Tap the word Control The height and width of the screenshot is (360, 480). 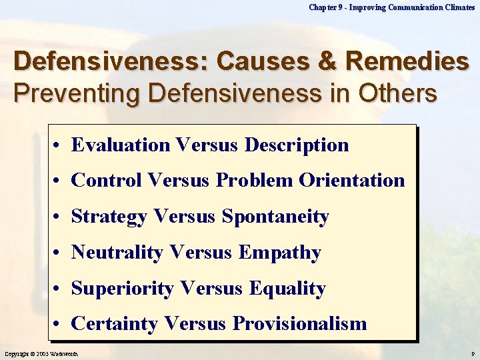coord(107,180)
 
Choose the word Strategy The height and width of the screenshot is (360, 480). coord(109,217)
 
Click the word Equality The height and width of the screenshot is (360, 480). coord(287,289)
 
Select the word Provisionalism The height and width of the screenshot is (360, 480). coord(300,324)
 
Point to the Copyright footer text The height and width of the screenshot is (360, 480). coord(41,353)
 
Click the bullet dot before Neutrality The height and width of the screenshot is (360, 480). coord(59,253)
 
